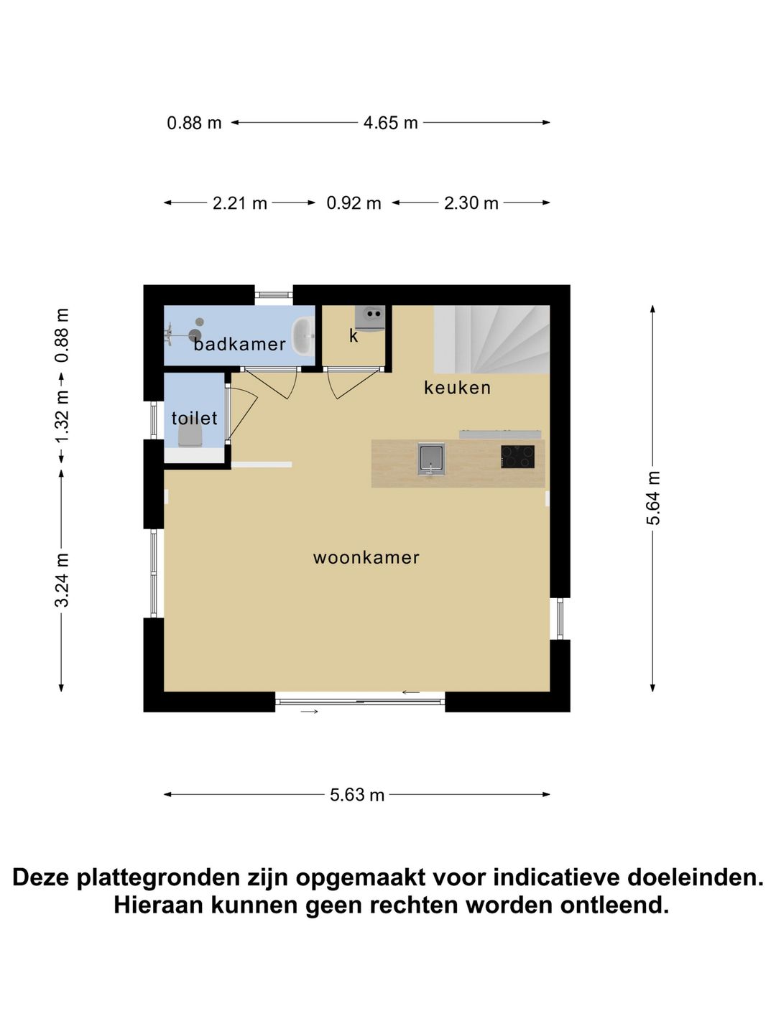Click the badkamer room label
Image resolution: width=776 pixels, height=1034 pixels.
tap(239, 344)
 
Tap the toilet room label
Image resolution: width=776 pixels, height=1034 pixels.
tap(194, 418)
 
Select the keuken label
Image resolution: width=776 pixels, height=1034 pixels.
tap(457, 388)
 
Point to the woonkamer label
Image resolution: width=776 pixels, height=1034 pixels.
tap(366, 557)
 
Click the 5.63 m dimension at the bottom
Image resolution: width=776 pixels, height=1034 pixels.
tap(357, 795)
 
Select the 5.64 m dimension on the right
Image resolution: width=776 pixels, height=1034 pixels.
tap(653, 498)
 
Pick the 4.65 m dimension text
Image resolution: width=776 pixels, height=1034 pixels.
tap(390, 123)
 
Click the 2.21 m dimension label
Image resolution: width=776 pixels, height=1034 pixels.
tap(239, 203)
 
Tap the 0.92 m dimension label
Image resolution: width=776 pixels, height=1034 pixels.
tap(354, 203)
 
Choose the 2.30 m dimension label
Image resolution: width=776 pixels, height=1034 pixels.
tap(471, 203)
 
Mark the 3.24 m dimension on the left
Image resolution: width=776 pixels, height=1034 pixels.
tap(63, 579)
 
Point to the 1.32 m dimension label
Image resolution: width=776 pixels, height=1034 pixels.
tap(63, 417)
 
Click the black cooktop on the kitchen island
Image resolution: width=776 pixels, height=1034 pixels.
tap(517, 457)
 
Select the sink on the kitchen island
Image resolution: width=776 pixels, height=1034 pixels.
tap(431, 458)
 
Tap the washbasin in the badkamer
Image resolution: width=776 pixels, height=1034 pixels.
tap(304, 336)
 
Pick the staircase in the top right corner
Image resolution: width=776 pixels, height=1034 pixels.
tap(491, 339)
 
